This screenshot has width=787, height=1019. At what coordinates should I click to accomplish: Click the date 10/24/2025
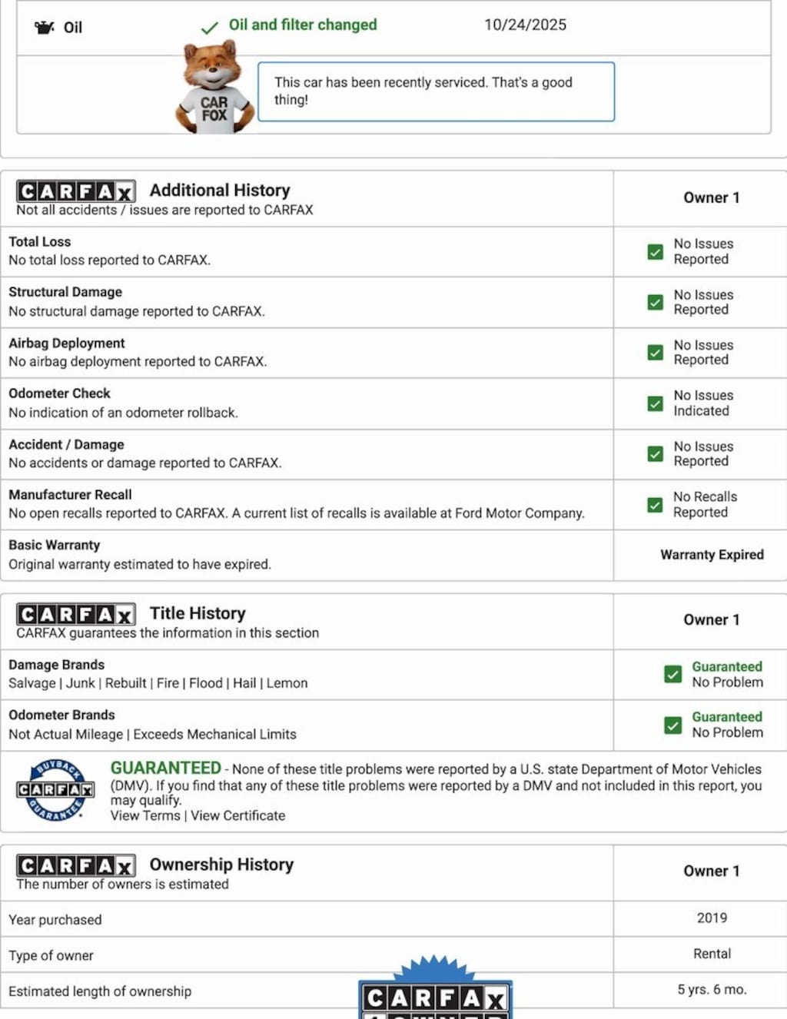point(525,25)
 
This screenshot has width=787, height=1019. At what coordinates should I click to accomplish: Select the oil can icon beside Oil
point(45,28)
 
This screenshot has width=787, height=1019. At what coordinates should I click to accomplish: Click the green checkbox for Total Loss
point(655,251)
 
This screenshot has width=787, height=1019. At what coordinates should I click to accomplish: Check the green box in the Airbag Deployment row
point(655,353)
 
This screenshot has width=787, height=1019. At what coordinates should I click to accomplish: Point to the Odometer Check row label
point(59,393)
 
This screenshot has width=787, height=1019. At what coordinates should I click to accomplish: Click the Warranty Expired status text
point(712,555)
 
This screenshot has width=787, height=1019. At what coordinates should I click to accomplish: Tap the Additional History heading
point(220,190)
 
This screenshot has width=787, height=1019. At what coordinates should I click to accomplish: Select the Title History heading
point(198,613)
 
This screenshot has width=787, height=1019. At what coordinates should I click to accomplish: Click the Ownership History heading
point(221,865)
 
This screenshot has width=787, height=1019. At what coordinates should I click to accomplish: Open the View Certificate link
point(238,815)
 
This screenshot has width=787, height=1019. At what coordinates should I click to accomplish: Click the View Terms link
point(145,815)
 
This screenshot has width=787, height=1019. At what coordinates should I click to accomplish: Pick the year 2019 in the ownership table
point(712,918)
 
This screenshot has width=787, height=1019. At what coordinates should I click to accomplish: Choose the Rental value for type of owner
point(712,954)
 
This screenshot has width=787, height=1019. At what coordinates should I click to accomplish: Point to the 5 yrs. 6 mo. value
point(712,990)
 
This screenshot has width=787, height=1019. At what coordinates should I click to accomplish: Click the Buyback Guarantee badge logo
point(55,790)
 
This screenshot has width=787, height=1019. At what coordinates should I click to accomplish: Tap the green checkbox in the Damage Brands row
point(672,674)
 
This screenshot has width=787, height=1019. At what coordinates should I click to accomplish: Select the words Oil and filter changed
point(303,25)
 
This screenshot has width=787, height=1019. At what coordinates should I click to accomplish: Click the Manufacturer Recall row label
point(70,495)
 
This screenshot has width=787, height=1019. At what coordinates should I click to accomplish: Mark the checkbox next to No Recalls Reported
point(655,505)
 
